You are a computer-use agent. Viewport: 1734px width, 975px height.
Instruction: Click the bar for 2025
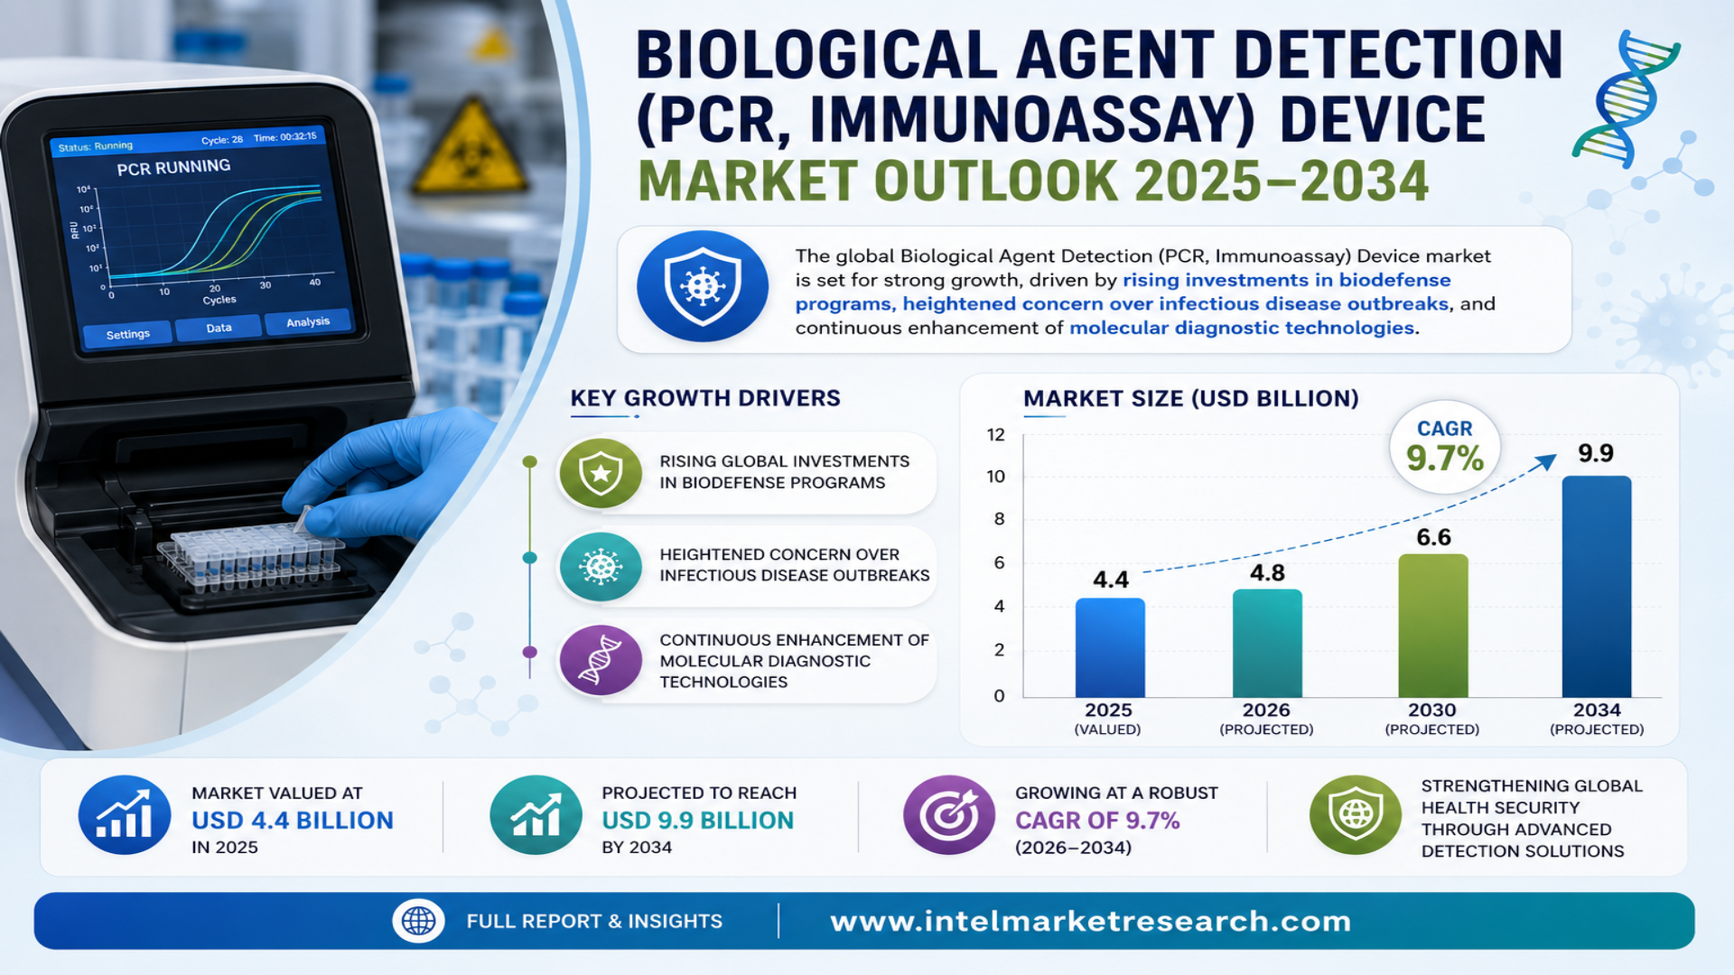click(x=1110, y=647)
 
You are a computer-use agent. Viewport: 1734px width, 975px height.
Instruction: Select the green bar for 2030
click(x=1433, y=625)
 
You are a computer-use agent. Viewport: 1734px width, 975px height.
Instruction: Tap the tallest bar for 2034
click(x=1597, y=586)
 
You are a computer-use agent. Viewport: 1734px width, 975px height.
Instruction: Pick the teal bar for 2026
click(x=1267, y=643)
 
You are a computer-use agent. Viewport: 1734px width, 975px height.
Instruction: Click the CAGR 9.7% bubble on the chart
click(x=1445, y=446)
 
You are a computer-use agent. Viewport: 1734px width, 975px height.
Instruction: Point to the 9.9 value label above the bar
click(x=1596, y=453)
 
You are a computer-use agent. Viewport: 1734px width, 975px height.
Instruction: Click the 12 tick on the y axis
click(x=995, y=435)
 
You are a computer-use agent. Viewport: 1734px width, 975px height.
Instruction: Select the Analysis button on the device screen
click(x=308, y=322)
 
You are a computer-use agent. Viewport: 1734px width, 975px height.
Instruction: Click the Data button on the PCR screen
click(x=219, y=328)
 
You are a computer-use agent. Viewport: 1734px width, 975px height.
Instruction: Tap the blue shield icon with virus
click(x=703, y=286)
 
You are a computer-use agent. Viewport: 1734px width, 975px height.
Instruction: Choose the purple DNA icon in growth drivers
click(x=601, y=660)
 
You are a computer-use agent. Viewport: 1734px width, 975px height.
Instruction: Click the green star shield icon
click(x=601, y=472)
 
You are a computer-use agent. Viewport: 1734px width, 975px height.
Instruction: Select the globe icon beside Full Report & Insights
click(x=418, y=921)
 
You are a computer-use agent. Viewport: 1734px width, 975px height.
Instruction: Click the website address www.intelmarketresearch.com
click(x=1090, y=921)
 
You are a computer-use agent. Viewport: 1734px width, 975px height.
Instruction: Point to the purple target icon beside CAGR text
click(x=949, y=815)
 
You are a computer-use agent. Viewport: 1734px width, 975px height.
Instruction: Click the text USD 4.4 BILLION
click(x=293, y=821)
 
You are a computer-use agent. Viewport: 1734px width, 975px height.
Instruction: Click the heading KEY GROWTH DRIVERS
click(x=705, y=398)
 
